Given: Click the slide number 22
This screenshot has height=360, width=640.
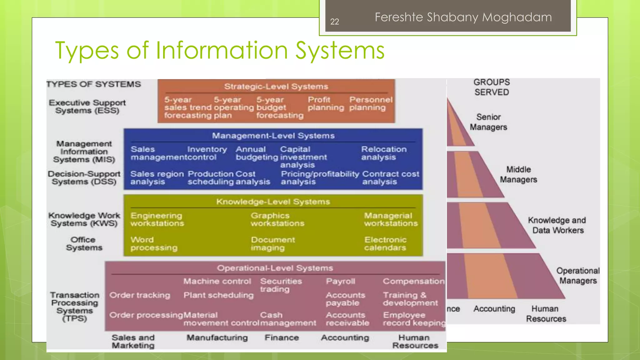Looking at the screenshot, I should click(334, 22).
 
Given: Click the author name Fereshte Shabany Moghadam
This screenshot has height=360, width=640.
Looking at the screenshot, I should click(463, 17).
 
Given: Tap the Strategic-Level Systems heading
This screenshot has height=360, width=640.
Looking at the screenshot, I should click(276, 87).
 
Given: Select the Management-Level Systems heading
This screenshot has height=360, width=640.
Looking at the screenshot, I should click(273, 136).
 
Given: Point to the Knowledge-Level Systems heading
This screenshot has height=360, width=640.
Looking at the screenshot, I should click(273, 202).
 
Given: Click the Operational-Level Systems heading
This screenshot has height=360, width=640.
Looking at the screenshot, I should click(275, 268).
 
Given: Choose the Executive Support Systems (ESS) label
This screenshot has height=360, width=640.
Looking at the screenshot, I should click(87, 107).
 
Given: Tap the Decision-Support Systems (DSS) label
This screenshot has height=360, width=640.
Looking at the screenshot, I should click(84, 178).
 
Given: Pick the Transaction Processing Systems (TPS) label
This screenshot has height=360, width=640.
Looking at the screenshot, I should click(75, 307).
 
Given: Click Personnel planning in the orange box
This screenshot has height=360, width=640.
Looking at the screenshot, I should click(371, 104).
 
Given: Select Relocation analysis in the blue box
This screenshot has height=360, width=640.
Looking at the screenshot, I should click(384, 153).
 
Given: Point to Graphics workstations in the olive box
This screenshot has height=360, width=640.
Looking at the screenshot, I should click(277, 219).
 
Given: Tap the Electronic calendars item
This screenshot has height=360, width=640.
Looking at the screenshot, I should click(385, 244).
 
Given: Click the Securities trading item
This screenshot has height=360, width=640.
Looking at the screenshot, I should click(281, 285).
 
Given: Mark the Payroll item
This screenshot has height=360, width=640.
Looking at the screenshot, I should click(340, 281).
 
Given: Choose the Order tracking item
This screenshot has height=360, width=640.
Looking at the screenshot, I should click(140, 295).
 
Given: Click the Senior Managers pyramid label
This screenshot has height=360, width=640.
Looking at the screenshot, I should click(488, 122).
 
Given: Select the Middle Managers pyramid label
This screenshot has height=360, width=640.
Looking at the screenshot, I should click(518, 174).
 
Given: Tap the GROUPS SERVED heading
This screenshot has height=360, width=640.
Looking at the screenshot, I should click(492, 87).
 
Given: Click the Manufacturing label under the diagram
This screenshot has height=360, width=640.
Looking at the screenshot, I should click(217, 338).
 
